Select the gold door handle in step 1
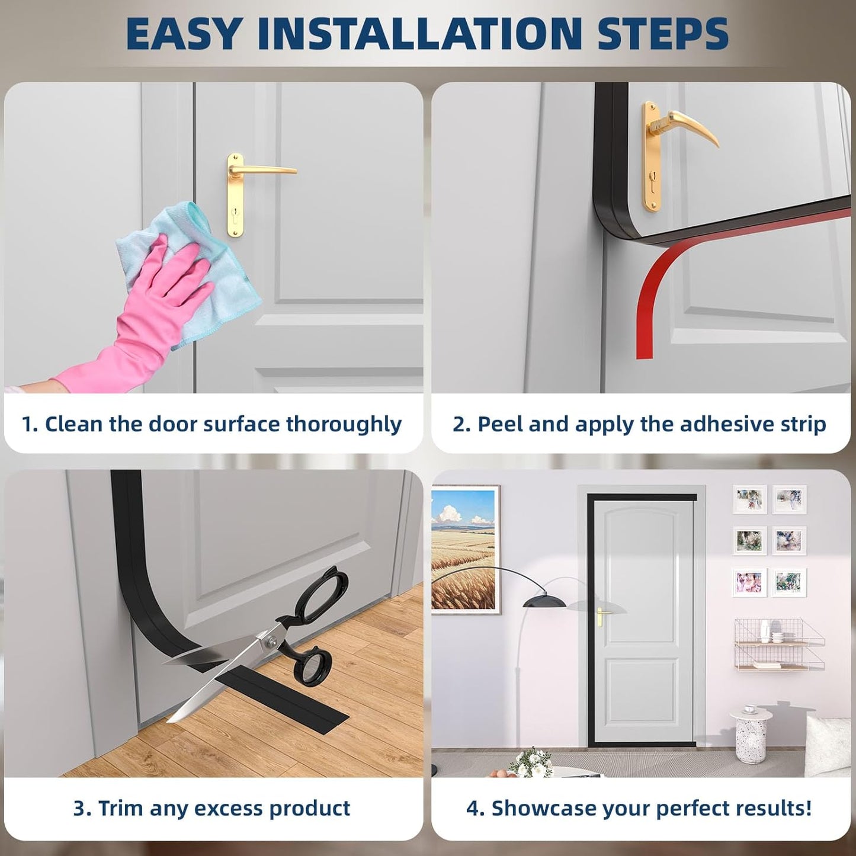[261, 171]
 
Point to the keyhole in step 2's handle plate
[652, 178]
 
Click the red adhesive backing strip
[658, 284]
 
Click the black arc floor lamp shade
[544, 600]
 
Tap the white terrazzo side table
[750, 735]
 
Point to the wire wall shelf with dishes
[778, 646]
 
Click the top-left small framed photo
[749, 499]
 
